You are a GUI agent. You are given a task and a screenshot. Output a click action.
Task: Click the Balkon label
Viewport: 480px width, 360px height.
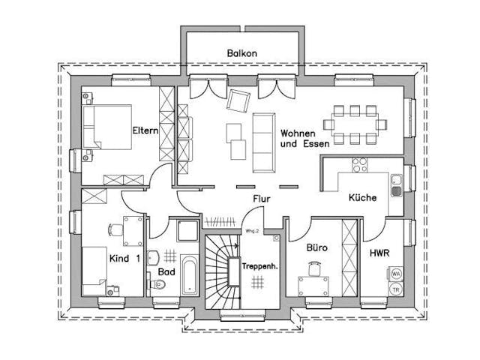click(242, 53)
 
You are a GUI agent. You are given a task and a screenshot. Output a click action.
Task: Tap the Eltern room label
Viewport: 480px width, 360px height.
click(145, 130)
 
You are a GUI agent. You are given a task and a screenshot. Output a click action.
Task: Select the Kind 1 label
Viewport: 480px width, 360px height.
click(124, 259)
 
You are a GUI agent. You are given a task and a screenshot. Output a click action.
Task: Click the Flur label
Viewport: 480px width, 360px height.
click(261, 199)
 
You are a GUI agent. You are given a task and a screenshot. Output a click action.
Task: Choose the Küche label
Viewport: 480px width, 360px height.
click(362, 198)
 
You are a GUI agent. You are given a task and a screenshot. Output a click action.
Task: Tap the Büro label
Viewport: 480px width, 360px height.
click(317, 246)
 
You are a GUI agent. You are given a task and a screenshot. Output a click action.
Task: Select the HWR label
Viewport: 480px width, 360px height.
click(379, 253)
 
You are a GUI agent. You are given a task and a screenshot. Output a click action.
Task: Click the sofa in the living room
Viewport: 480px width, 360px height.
click(263, 140)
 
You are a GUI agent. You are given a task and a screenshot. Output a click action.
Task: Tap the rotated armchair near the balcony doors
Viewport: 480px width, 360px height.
click(238, 100)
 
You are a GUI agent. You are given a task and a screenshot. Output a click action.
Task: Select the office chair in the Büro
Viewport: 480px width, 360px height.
click(313, 267)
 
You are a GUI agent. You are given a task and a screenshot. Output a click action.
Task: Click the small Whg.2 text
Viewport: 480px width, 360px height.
click(252, 231)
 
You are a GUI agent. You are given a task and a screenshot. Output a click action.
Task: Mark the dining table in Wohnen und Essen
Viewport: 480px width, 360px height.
click(355, 124)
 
